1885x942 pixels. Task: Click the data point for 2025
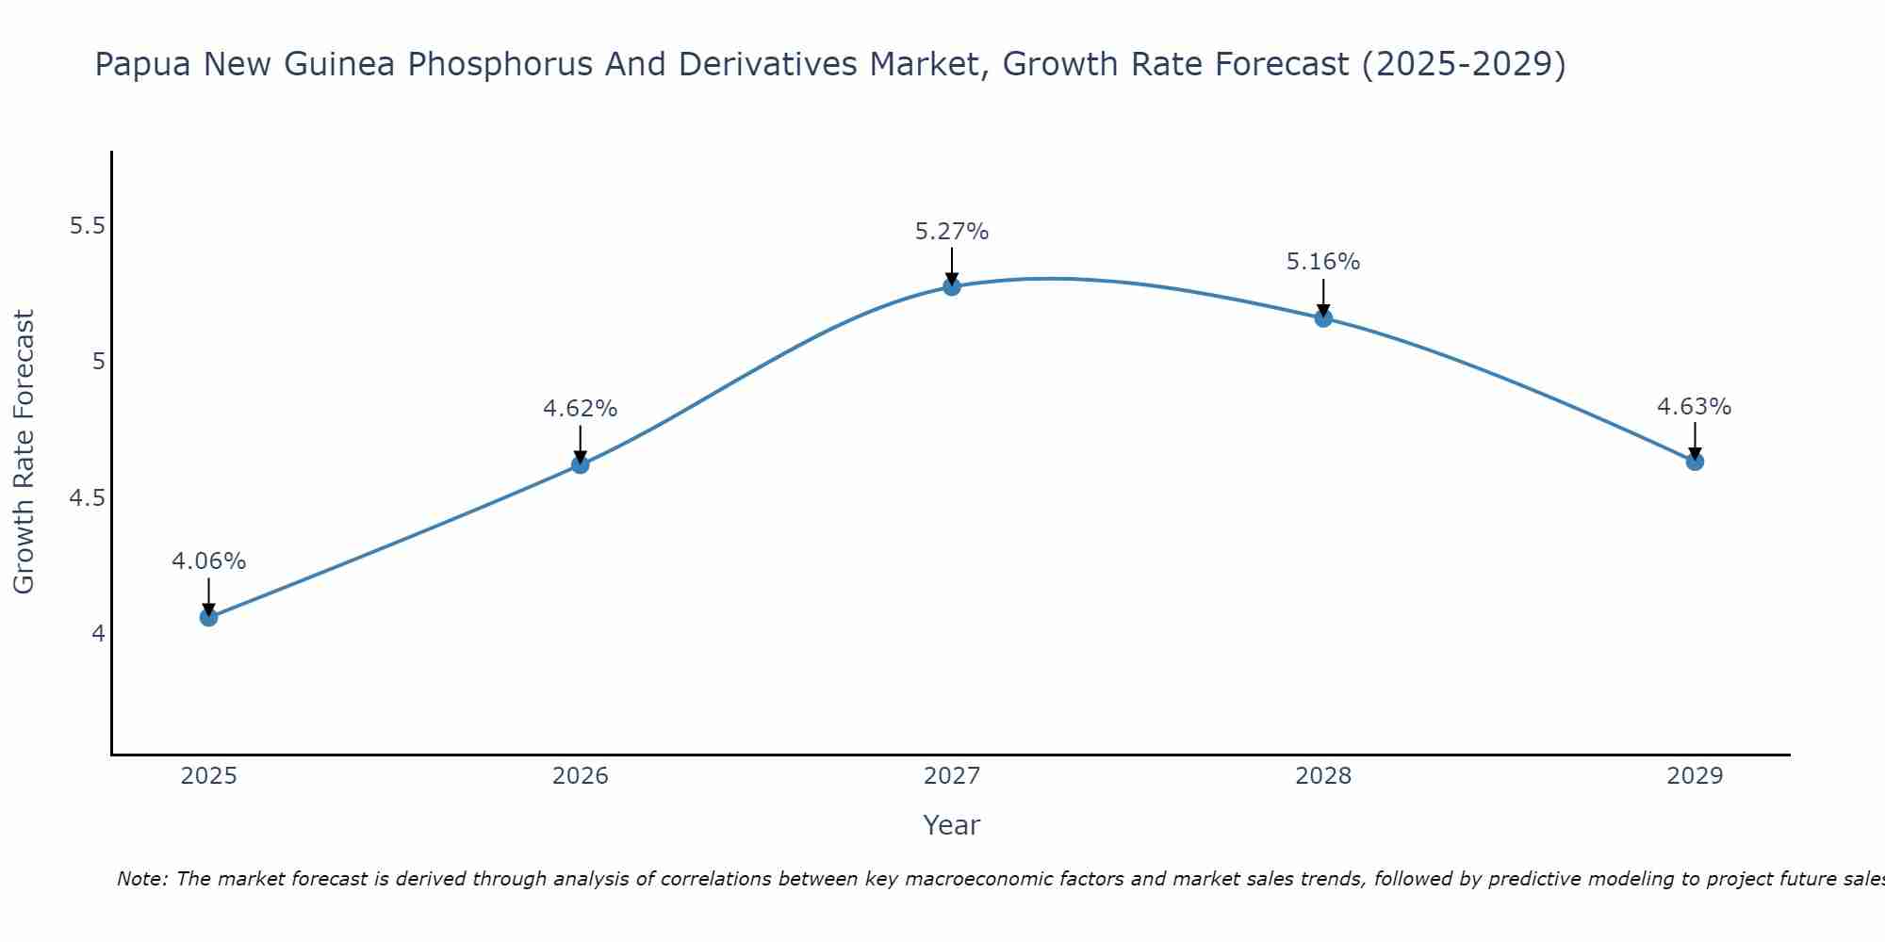208,617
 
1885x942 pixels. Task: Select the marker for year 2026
580,464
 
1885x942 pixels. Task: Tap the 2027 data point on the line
952,286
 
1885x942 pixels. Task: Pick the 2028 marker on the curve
1323,317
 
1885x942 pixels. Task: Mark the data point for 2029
1695,462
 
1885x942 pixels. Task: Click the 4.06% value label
208,561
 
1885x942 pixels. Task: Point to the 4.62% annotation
580,409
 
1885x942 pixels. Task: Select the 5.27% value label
952,232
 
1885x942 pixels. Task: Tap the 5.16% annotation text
1323,262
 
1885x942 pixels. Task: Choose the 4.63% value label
1694,407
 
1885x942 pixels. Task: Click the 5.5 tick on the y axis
88,226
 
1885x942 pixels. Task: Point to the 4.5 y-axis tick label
88,497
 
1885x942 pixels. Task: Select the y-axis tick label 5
98,362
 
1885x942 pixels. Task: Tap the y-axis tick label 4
98,633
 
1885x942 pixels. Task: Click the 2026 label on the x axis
580,776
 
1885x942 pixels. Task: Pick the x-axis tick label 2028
1323,776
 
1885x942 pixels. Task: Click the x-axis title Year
952,825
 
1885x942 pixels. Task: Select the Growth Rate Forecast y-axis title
24,452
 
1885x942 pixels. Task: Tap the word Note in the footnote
141,879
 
